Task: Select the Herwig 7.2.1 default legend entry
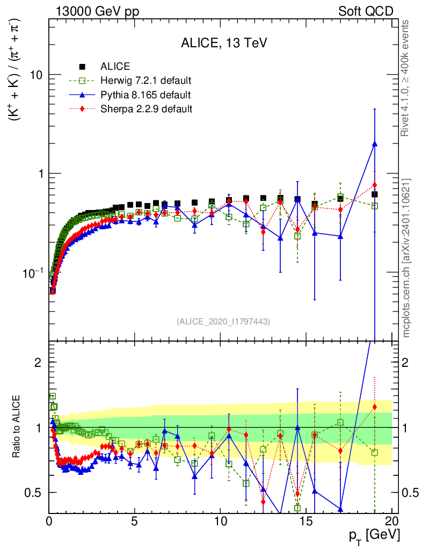pos(145,81)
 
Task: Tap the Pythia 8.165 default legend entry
pos(145,95)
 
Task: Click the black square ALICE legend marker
pos(83,67)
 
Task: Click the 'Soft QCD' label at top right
pos(366,11)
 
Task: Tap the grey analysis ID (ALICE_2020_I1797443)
pos(223,322)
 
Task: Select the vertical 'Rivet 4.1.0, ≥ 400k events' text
pos(407,78)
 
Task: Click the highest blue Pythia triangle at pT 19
pos(374,144)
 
